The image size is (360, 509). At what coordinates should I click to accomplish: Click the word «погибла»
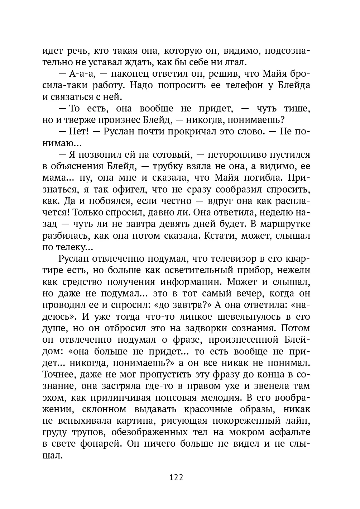(263, 178)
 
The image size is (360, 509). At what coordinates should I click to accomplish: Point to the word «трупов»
(89, 432)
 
